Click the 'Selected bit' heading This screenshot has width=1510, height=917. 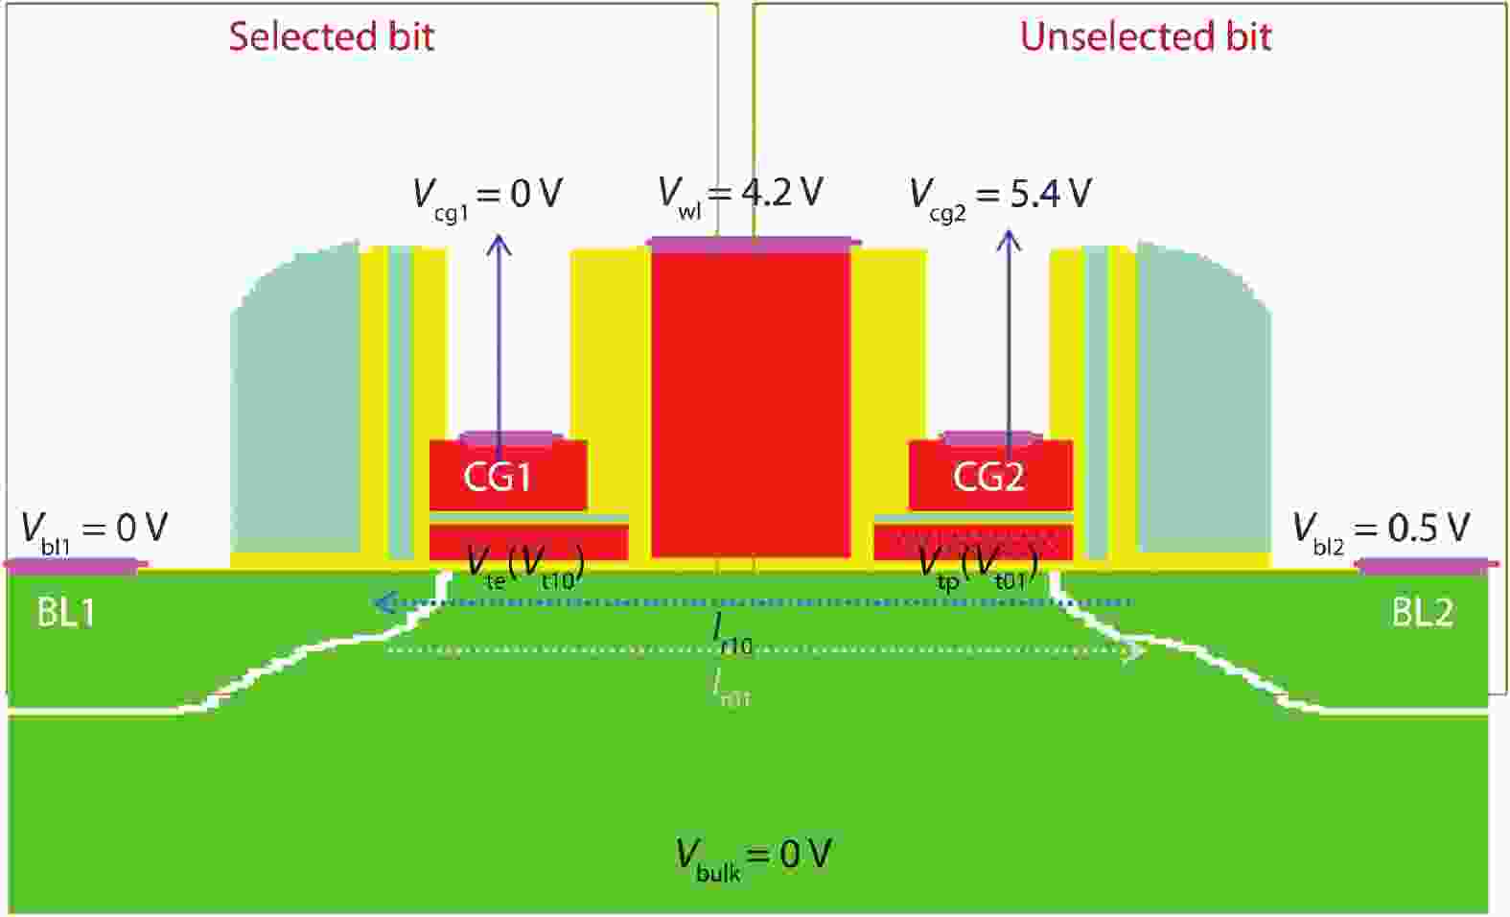point(331,36)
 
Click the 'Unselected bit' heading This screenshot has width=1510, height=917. point(1145,36)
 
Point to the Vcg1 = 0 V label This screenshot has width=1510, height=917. point(487,195)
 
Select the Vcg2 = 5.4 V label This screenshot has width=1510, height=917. point(999,195)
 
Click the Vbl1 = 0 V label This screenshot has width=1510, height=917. point(94,529)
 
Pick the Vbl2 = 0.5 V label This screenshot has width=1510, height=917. point(1381,529)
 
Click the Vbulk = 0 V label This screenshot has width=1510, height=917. point(753,855)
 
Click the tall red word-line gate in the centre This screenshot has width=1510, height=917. point(751,403)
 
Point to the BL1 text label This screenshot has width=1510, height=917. point(65,612)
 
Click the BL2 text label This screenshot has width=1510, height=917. point(1422,612)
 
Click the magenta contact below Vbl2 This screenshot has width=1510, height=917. point(1429,566)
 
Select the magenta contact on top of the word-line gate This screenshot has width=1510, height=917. point(753,245)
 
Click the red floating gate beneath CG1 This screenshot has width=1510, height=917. point(528,542)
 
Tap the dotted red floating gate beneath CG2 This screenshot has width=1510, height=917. point(973,542)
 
